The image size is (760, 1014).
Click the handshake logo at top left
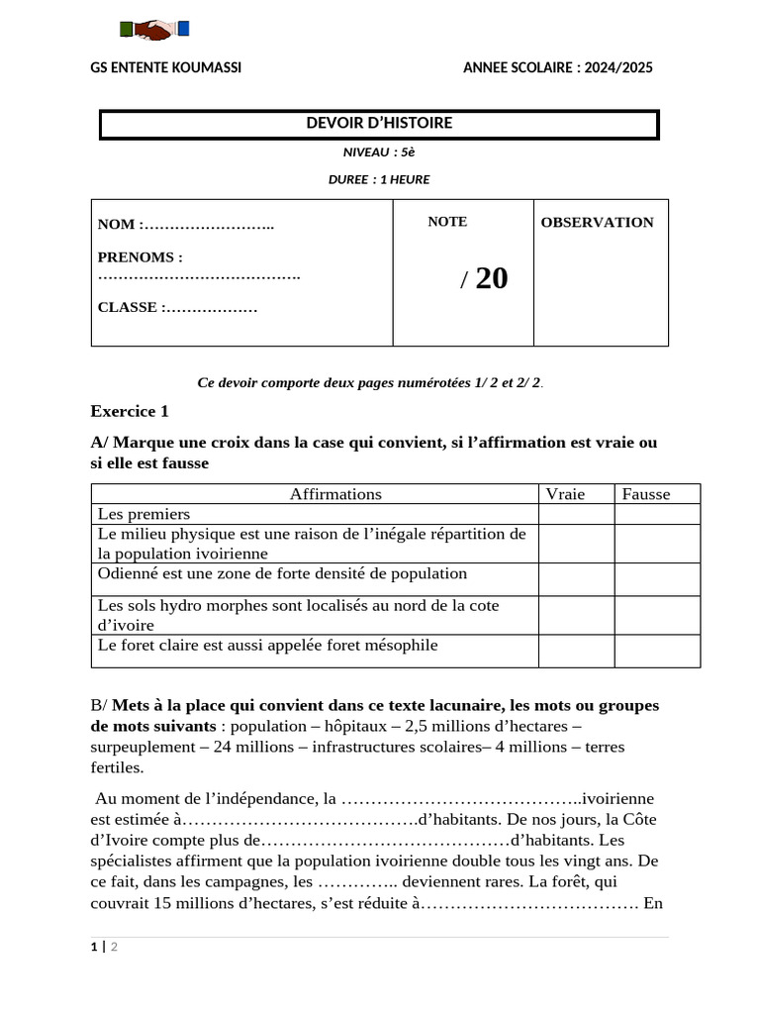[x=153, y=31]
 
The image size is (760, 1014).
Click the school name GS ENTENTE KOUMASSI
[x=165, y=67]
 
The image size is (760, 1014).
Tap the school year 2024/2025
[x=558, y=67]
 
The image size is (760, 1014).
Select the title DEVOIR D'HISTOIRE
[x=379, y=124]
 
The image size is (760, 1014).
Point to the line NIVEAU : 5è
[x=379, y=152]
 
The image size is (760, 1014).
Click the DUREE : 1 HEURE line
[x=379, y=179]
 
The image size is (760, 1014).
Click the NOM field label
[x=120, y=225]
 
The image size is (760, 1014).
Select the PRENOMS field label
[x=140, y=257]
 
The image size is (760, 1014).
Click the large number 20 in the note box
[x=491, y=278]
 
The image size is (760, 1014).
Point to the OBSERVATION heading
[x=597, y=223]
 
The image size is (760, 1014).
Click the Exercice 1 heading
[x=130, y=411]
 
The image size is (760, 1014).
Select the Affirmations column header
[x=335, y=494]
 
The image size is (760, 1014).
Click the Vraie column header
[x=565, y=494]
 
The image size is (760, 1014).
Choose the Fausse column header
[x=646, y=494]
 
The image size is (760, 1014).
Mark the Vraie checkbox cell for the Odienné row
[x=576, y=579]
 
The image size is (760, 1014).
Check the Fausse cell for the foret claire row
[x=656, y=651]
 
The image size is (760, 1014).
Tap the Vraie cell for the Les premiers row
[x=576, y=514]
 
